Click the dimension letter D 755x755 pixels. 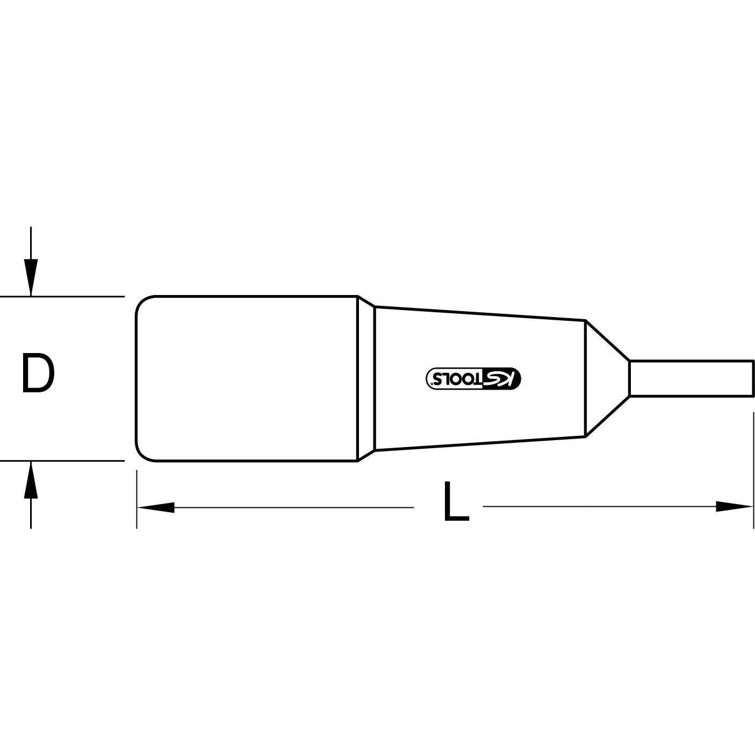[38, 373]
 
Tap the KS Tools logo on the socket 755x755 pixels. [473, 378]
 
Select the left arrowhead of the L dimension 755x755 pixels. [156, 507]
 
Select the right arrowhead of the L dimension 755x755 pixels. [735, 506]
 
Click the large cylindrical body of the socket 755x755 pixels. [247, 378]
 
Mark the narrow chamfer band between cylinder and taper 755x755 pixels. [366, 378]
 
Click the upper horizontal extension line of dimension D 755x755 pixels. [62, 296]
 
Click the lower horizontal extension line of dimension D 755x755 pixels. [62, 461]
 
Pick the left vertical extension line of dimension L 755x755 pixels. [136, 500]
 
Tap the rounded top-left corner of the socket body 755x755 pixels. [141, 301]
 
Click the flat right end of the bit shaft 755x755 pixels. [753, 378]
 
